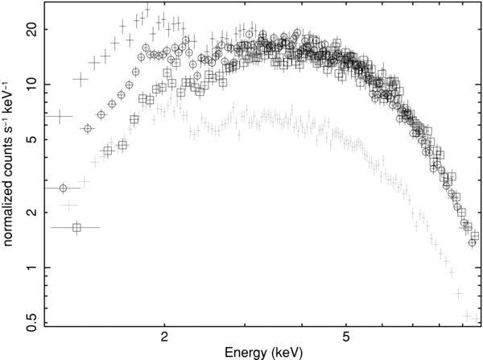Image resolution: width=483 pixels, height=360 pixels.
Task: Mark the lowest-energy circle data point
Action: tap(63, 188)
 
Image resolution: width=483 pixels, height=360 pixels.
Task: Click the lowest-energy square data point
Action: tap(76, 228)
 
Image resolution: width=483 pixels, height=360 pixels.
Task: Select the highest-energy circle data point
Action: tap(472, 242)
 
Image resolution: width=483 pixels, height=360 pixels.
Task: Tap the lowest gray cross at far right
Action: tap(471, 315)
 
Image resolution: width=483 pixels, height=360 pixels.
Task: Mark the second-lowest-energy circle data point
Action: tap(88, 129)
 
